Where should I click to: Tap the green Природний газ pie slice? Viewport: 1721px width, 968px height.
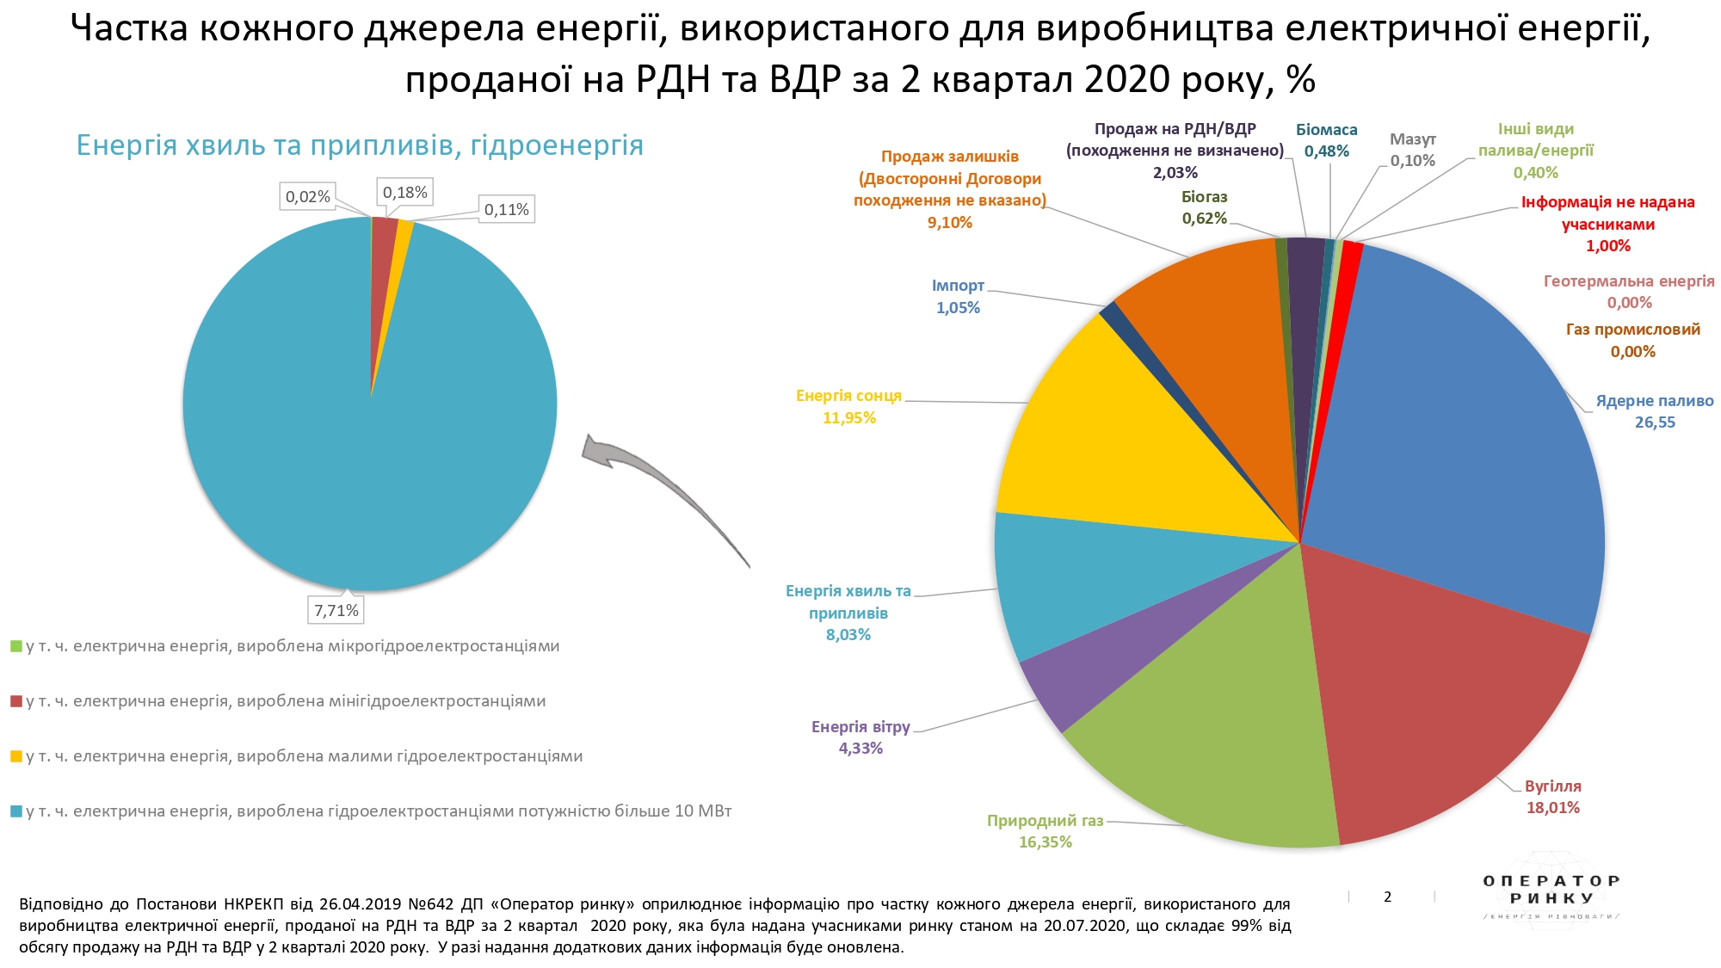(x=1222, y=740)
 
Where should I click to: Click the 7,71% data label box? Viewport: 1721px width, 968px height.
(x=336, y=610)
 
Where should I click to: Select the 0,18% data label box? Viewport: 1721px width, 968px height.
(x=404, y=192)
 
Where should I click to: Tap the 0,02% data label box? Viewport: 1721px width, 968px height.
(x=307, y=196)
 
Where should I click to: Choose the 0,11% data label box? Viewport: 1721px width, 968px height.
(x=506, y=209)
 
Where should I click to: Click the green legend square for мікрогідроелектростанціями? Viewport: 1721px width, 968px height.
(x=15, y=646)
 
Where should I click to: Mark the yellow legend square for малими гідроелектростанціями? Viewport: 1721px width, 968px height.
(x=15, y=756)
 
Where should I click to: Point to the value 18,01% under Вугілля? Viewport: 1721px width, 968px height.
(x=1552, y=807)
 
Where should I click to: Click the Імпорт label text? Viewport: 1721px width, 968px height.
(x=958, y=286)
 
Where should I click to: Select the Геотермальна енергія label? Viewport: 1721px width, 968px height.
(x=1628, y=281)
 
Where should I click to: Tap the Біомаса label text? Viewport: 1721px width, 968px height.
(x=1326, y=130)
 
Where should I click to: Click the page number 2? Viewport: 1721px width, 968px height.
(x=1387, y=897)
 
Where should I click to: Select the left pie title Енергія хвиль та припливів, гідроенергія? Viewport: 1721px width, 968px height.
(x=360, y=145)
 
